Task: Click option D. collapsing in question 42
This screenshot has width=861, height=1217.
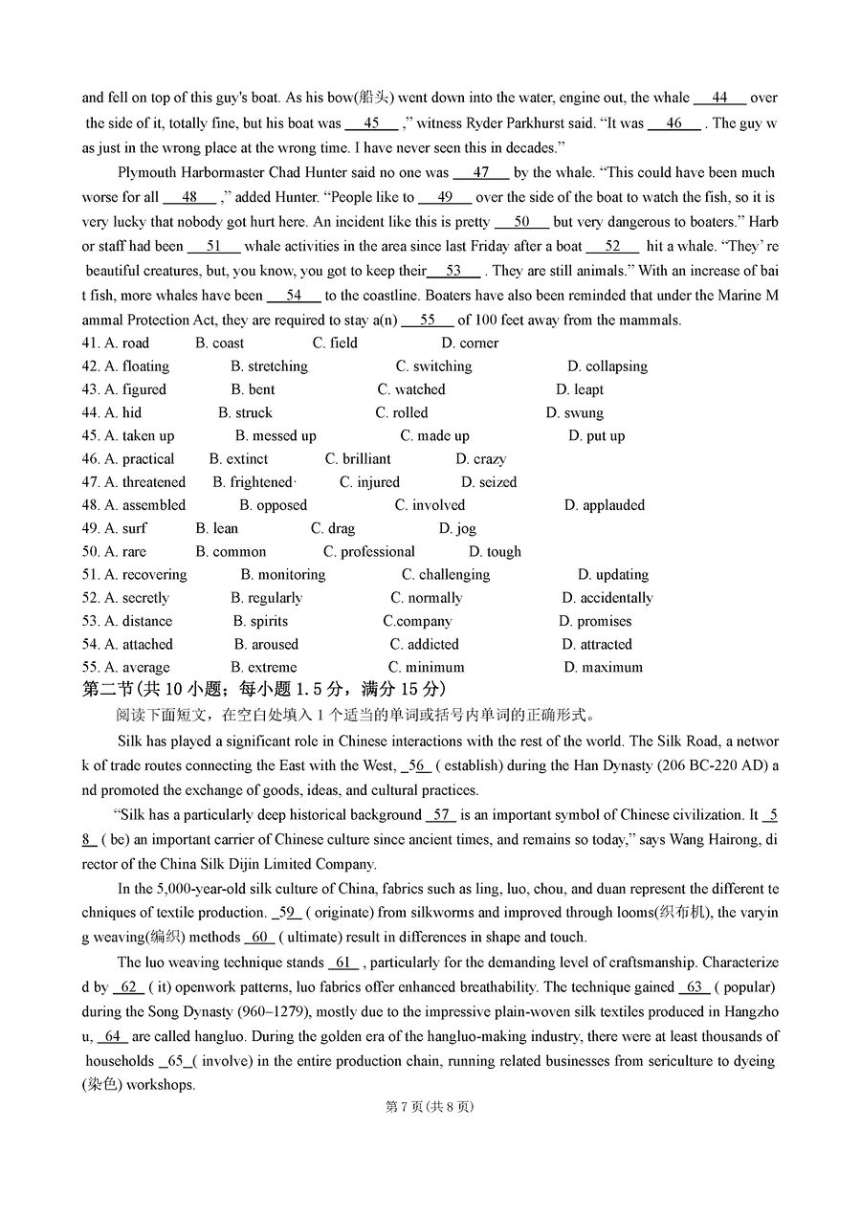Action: tap(607, 366)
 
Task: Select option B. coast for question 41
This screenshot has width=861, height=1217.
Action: tap(219, 343)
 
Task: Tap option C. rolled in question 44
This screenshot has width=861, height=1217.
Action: tap(401, 413)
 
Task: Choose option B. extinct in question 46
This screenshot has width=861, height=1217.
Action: tap(238, 459)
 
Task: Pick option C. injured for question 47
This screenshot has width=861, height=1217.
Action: tap(369, 482)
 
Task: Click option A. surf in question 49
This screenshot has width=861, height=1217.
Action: tap(125, 529)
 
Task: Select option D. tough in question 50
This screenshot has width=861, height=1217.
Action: tap(495, 552)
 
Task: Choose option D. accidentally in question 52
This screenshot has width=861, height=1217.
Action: tap(607, 598)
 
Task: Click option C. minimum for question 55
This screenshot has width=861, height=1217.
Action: tap(426, 668)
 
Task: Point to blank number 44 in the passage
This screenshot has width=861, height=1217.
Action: tap(719, 98)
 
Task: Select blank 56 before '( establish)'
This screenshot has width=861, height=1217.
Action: tap(417, 765)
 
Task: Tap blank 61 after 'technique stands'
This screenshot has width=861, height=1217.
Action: tap(343, 963)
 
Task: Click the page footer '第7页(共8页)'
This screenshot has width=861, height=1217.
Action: tap(430, 1107)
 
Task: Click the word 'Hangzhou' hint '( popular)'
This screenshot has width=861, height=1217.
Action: tap(744, 987)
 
